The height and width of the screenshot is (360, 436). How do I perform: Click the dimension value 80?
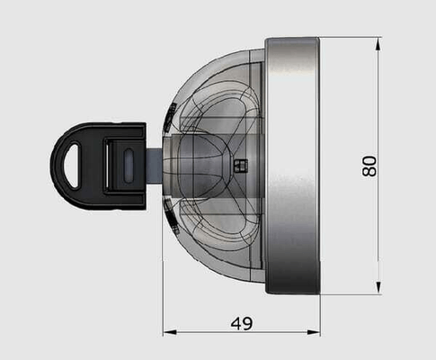click(x=369, y=166)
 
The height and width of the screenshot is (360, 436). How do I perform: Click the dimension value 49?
click(x=242, y=323)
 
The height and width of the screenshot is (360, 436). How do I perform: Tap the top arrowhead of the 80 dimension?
click(x=378, y=44)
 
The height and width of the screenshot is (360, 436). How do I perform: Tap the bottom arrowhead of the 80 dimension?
click(x=378, y=287)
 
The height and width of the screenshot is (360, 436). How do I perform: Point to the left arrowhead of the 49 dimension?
click(x=169, y=332)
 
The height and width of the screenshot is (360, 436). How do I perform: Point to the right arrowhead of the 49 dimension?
click(x=314, y=332)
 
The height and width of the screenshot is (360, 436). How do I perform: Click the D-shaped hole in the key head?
click(x=71, y=166)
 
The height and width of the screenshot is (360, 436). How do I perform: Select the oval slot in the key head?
click(x=128, y=166)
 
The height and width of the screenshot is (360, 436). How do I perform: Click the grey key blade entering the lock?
click(x=155, y=165)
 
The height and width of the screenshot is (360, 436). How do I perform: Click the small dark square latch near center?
click(x=241, y=166)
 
